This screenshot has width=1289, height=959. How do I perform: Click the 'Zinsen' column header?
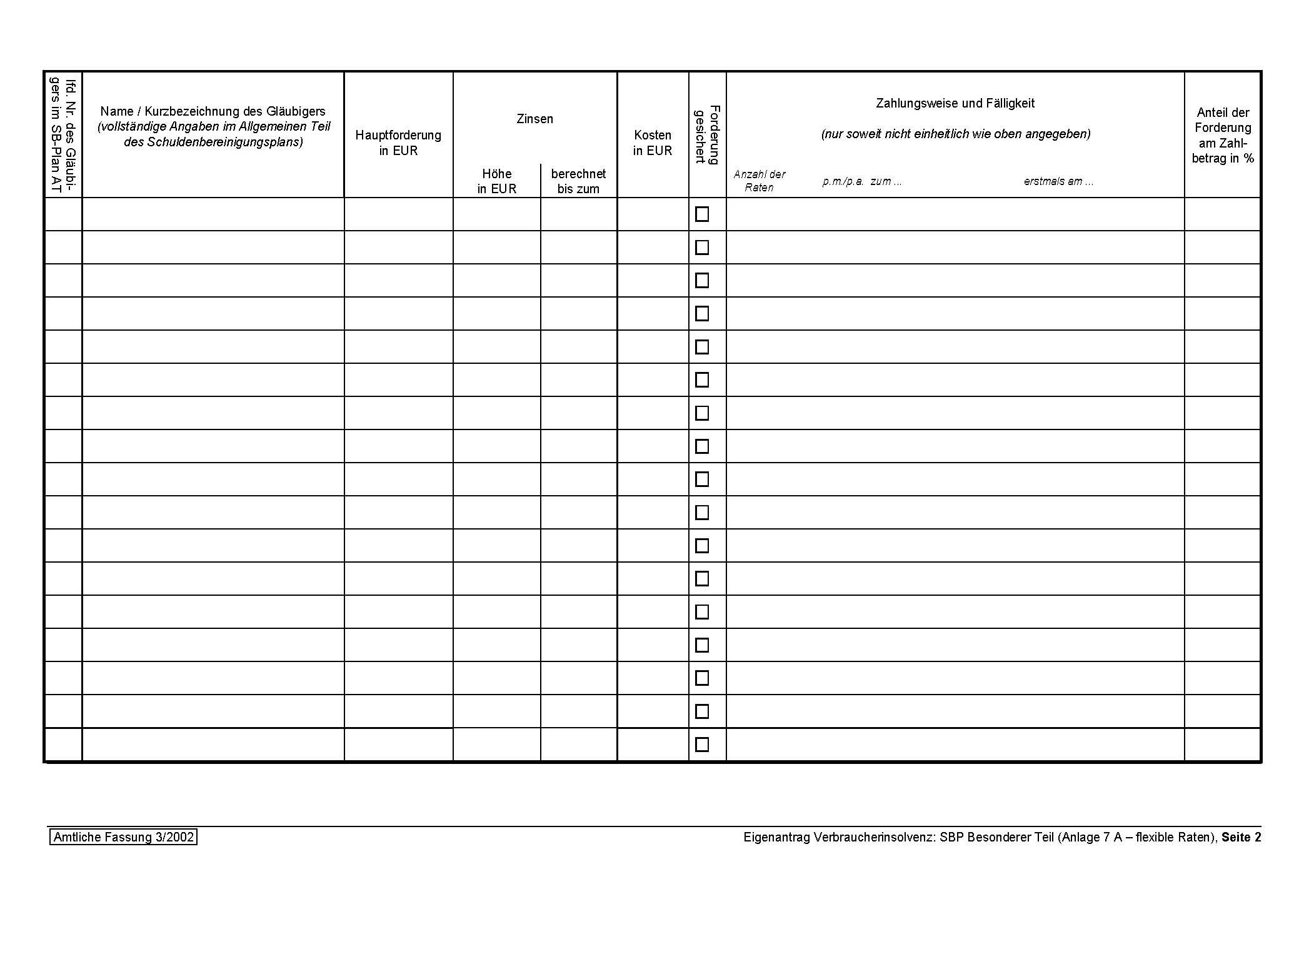tap(534, 119)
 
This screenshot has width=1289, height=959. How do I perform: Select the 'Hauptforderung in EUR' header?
tap(398, 143)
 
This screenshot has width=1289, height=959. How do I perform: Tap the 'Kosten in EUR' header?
tap(652, 143)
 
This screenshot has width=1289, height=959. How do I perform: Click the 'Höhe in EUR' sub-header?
tap(496, 181)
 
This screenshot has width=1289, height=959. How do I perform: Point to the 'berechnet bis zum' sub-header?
tap(578, 181)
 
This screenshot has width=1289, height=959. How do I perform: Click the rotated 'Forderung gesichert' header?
tap(708, 134)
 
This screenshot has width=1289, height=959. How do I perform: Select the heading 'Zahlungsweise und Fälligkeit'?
tap(955, 103)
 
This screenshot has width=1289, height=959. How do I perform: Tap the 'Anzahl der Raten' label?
tap(759, 181)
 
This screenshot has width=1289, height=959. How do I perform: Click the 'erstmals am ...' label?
tap(1058, 181)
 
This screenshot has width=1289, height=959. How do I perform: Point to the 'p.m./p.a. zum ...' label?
tap(862, 181)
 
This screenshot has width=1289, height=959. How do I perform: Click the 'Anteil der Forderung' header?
tap(1222, 135)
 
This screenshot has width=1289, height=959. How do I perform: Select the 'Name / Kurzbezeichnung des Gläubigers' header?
tap(213, 111)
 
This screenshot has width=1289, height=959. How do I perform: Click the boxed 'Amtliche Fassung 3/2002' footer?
tap(123, 837)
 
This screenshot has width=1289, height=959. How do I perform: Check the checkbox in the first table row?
tap(702, 214)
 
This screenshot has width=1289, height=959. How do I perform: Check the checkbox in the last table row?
tap(702, 745)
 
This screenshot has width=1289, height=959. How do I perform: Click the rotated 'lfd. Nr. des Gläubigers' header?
tap(64, 134)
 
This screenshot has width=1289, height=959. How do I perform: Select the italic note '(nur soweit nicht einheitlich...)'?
tap(955, 134)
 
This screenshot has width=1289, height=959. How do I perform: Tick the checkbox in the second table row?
tap(702, 248)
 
